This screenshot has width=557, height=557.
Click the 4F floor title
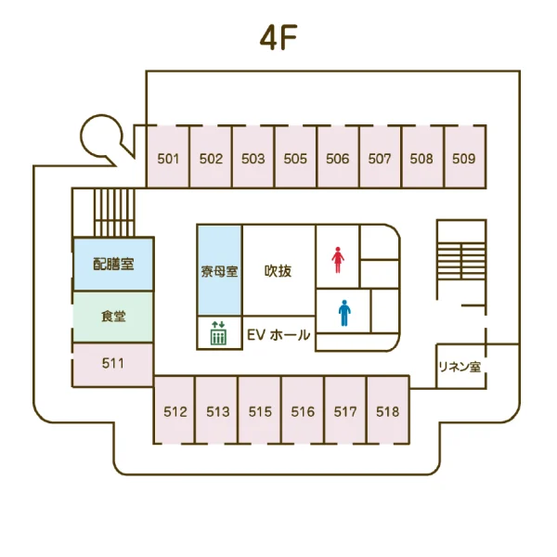coord(278,38)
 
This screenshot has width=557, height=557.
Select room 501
coord(168,157)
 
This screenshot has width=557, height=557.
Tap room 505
coord(295,157)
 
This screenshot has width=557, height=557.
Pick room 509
coord(465,157)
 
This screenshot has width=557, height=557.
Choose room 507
coord(380,157)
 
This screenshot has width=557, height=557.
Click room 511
coord(113,365)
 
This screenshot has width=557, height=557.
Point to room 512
coord(175,410)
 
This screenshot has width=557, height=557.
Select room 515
coord(260,410)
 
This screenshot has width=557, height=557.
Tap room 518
coord(388,410)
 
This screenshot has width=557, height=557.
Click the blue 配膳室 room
coord(113,264)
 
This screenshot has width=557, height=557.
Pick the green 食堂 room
coord(113,317)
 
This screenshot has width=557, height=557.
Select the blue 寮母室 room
coord(219,270)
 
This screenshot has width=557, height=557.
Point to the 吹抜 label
coord(278,271)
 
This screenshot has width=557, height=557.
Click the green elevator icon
coord(218,333)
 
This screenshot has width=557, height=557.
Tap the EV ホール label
coord(278,334)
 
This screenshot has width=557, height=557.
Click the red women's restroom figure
coord(338,260)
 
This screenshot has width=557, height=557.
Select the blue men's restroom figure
coord(344,313)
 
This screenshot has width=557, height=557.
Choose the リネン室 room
coord(460,367)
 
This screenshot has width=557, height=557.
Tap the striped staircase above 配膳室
coord(114,213)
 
